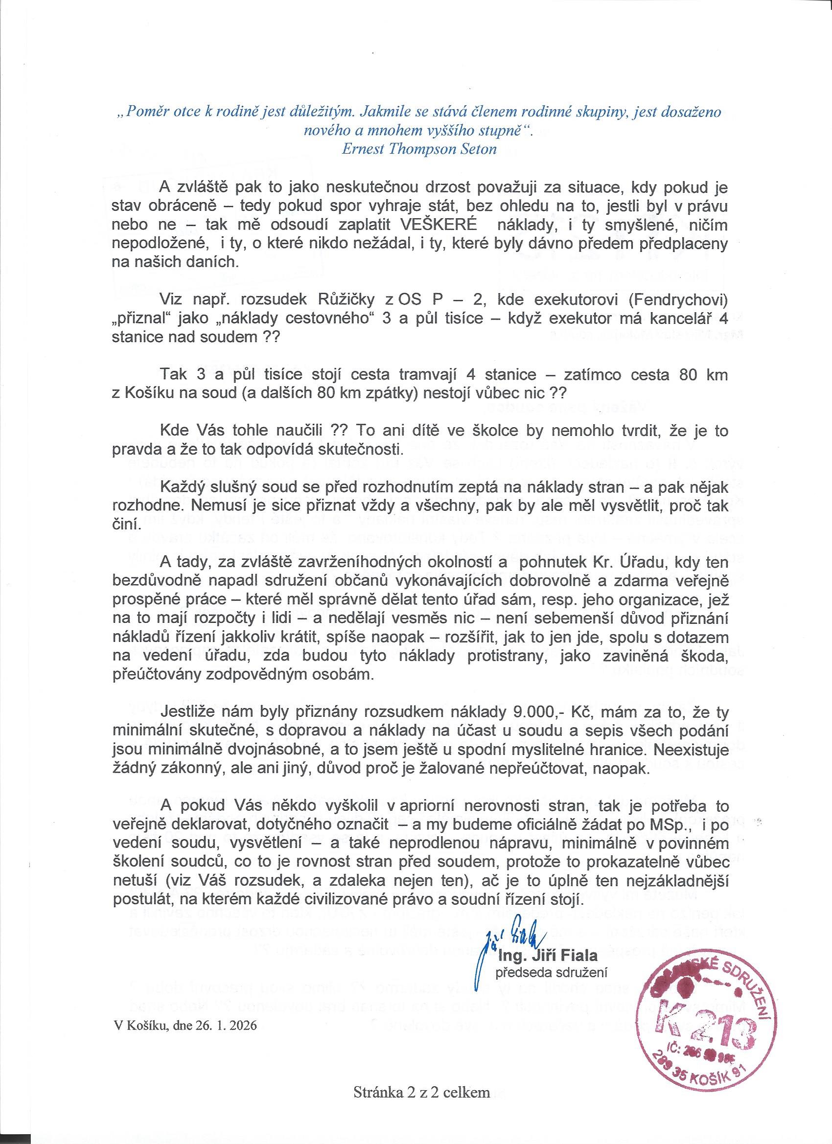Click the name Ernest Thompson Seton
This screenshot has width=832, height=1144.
coord(419,149)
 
